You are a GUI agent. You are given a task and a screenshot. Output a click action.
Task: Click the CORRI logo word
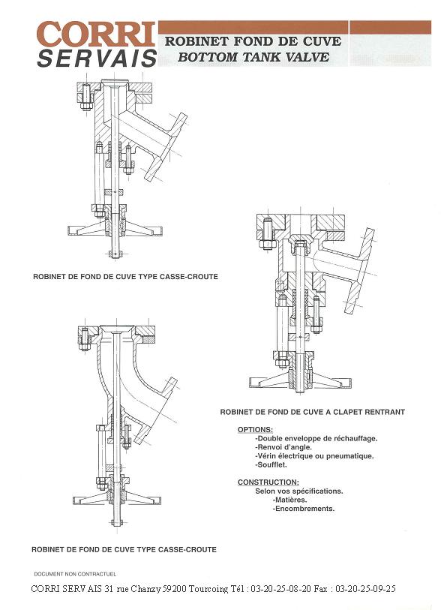coord(96,35)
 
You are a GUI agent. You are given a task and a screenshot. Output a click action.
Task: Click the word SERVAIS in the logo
coord(97,59)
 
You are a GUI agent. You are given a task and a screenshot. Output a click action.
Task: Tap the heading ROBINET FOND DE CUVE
coord(253,41)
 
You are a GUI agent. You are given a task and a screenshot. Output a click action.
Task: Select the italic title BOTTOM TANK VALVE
coord(253,57)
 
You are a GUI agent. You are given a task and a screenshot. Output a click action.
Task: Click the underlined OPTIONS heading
coord(255,430)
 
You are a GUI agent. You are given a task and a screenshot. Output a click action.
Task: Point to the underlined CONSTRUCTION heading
coord(268,482)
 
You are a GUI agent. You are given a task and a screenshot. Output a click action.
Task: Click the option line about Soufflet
coord(271,465)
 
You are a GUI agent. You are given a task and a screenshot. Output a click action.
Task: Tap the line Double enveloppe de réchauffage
coord(316,438)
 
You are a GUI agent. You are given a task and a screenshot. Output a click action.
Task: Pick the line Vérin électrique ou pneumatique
coord(314,456)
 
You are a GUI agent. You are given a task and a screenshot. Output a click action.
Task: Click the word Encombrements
coord(304,509)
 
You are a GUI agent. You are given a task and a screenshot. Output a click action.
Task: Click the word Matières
coord(289,500)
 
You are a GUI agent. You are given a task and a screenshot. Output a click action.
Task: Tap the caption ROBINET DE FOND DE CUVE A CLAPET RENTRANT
coord(312,412)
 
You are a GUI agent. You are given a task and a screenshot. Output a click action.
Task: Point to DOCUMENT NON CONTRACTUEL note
coord(75,574)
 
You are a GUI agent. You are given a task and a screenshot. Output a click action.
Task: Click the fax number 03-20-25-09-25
coord(365,589)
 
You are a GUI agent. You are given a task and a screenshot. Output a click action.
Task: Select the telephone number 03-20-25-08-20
coord(280,589)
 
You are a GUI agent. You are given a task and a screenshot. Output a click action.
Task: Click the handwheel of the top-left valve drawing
coord(115,230)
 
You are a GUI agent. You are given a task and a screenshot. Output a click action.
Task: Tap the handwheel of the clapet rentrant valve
coord(300,382)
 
